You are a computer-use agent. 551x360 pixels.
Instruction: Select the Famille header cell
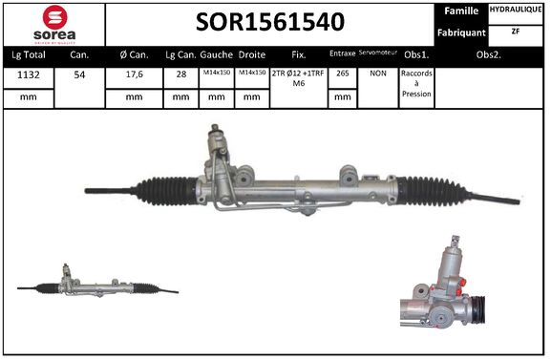coord(462,11)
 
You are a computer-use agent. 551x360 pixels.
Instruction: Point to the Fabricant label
coord(462,32)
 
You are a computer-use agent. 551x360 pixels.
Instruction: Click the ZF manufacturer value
coord(517,32)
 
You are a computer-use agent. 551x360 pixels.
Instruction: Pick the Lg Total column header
coord(28,54)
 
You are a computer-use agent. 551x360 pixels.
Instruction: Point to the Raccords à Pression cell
coord(416,84)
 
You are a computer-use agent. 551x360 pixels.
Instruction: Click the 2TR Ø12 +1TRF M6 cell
coord(298,78)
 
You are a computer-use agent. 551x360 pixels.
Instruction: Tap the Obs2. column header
coord(491,54)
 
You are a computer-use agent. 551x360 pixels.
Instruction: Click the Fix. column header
coord(298,54)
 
